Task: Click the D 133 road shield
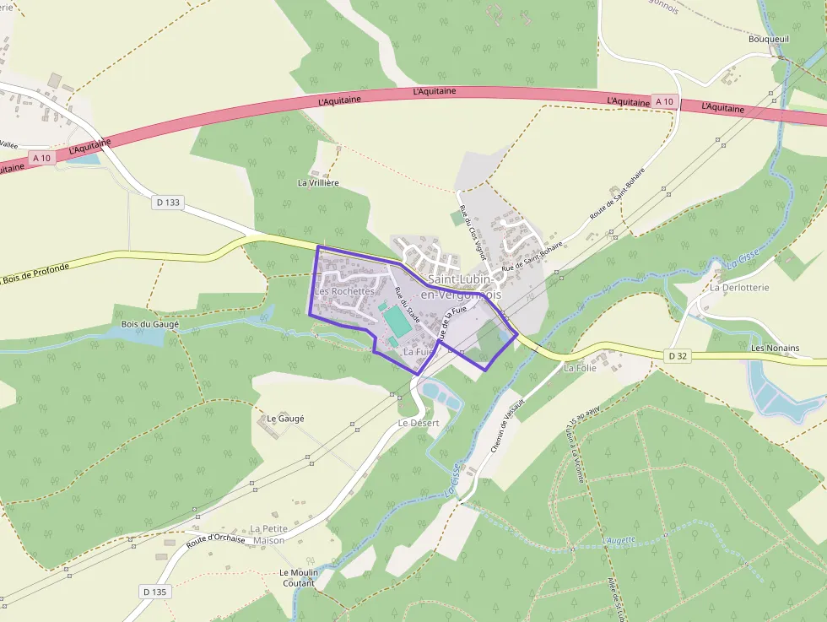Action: coord(169,203)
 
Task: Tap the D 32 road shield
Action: coord(678,356)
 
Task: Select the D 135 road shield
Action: coord(155,592)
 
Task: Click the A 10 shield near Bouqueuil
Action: coord(665,101)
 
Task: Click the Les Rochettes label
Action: coord(343,291)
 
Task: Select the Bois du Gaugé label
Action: coord(149,324)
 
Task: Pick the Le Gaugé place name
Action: coord(285,419)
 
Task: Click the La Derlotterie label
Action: coord(739,288)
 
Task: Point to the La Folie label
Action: coord(580,368)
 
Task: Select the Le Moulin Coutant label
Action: coord(299,577)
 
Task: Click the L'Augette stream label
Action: coord(619,539)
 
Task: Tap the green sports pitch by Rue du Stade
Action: coord(395,322)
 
